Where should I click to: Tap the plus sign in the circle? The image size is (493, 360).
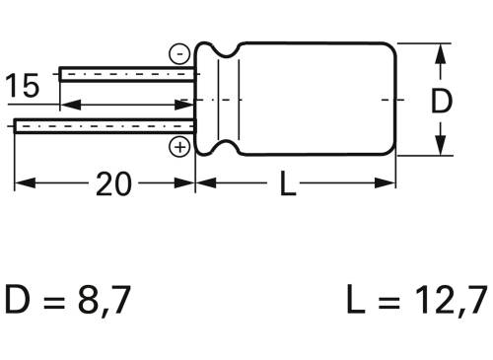coord(179,147)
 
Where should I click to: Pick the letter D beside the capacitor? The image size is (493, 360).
coord(444,100)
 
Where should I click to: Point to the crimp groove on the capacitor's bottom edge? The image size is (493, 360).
coord(221,148)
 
